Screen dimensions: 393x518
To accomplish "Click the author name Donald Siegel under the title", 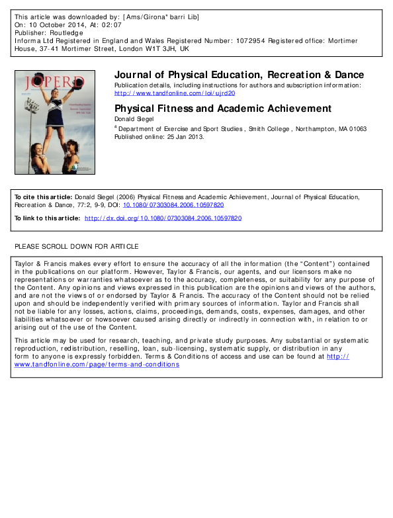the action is [133, 119].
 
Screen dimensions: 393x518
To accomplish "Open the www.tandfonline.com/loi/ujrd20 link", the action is [175, 93].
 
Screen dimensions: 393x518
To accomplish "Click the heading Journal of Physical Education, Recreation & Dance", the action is [239, 75].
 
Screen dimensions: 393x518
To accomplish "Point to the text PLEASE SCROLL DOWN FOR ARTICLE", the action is [77, 247].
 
